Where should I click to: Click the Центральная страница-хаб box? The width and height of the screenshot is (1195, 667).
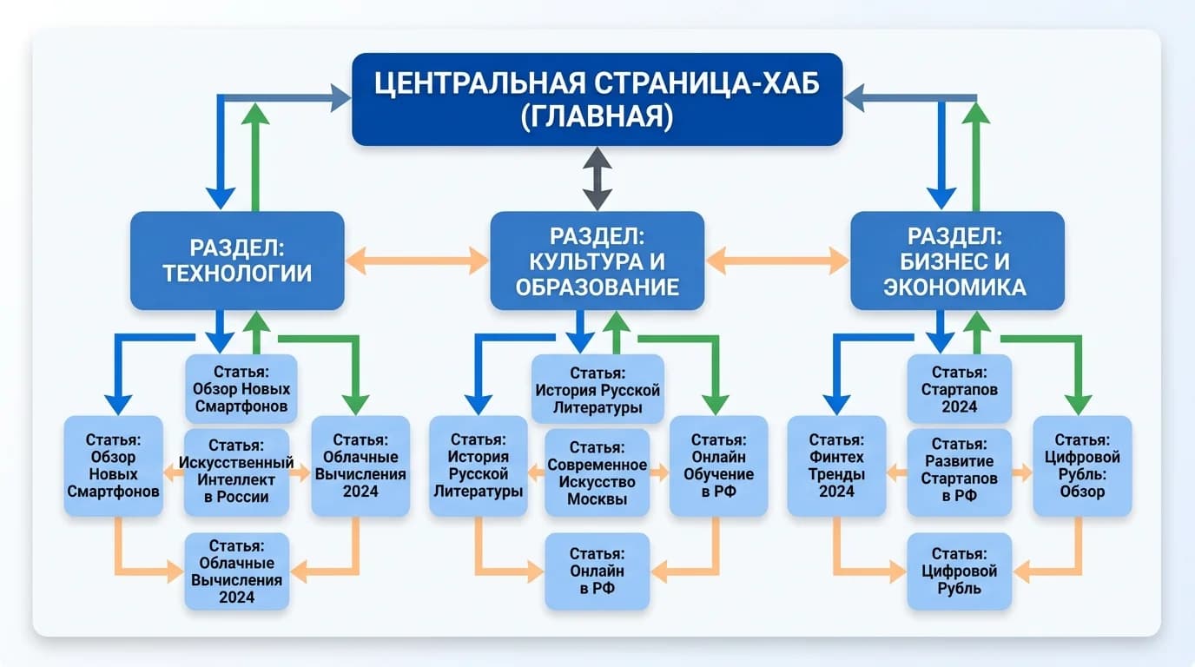597,98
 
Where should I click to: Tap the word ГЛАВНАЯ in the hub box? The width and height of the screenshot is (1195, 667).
597,116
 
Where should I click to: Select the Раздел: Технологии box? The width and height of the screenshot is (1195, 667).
237,261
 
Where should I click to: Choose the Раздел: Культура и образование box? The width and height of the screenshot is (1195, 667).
597,261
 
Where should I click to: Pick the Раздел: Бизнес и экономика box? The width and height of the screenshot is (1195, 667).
956,261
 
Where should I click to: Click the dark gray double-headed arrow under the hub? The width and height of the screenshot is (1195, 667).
597,178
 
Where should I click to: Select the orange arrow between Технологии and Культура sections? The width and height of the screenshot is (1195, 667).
417,259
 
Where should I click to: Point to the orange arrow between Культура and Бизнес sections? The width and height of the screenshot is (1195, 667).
776,259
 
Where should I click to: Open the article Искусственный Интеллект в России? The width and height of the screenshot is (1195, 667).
237,472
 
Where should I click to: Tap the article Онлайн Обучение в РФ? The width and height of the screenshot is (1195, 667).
718,466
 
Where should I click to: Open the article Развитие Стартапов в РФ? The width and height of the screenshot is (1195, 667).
960,472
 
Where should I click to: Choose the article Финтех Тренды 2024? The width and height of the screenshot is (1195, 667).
836,466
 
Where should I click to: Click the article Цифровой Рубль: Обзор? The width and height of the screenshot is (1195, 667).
1081,466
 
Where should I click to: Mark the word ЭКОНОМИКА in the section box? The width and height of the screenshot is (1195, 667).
955,287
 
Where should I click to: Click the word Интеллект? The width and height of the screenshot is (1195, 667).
237,479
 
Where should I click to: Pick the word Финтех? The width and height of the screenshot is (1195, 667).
836,457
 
